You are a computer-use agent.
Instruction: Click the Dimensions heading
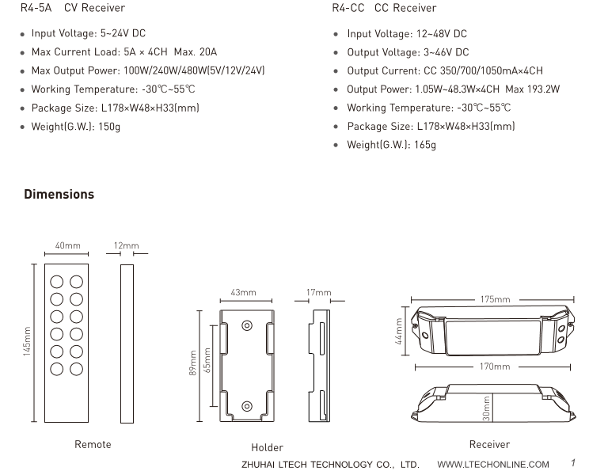point(59,194)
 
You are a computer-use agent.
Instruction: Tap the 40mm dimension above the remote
point(67,246)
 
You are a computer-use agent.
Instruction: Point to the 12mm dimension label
point(126,246)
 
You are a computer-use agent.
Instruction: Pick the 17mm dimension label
point(319,293)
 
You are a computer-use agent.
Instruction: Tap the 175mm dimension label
point(495,300)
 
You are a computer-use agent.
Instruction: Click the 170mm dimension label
point(495,367)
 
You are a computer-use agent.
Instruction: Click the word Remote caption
point(93,445)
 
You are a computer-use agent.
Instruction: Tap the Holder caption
point(267,448)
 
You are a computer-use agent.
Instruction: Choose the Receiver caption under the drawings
point(489,445)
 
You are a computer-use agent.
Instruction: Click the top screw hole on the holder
point(247,325)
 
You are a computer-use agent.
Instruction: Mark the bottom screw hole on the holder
point(247,406)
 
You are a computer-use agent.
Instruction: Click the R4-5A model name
point(36,8)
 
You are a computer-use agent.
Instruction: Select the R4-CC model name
point(348,8)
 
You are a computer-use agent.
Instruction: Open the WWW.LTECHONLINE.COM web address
point(493,464)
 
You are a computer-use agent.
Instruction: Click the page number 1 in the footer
point(572,463)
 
